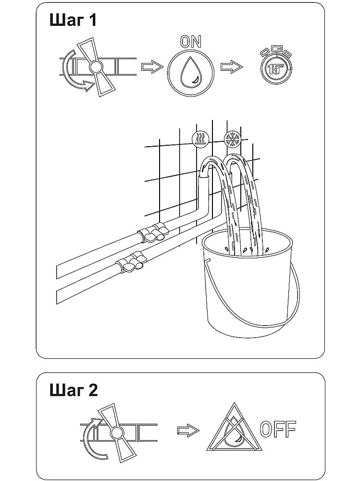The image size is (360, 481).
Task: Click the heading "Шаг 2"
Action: click(x=74, y=390)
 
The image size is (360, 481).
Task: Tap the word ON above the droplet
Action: click(x=191, y=41)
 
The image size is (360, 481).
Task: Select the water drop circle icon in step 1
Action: click(x=190, y=73)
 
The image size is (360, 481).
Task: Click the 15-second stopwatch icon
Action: click(x=275, y=65)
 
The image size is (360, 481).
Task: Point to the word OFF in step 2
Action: click(x=278, y=429)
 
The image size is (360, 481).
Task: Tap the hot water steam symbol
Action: click(x=200, y=139)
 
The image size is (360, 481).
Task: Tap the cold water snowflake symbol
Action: click(x=233, y=139)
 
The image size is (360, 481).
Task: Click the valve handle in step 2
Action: click(x=116, y=432)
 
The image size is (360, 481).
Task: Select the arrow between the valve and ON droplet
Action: click(x=152, y=66)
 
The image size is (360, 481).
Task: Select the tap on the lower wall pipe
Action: click(x=131, y=261)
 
